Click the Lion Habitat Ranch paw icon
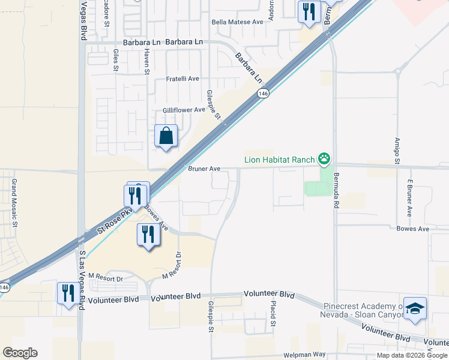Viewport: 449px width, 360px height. tap(324, 159)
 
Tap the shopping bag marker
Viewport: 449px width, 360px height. tap(166, 136)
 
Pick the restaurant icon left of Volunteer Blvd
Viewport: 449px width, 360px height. tap(68, 293)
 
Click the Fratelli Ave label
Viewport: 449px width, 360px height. tap(182, 79)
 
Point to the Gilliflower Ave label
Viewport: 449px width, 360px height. tap(184, 110)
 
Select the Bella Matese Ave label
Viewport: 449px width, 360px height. tap(238, 22)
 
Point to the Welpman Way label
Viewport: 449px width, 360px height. tap(300, 355)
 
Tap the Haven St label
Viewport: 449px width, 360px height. tap(146, 61)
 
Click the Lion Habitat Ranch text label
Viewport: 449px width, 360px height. tap(280, 160)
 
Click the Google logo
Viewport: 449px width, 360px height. tap(20, 353)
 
